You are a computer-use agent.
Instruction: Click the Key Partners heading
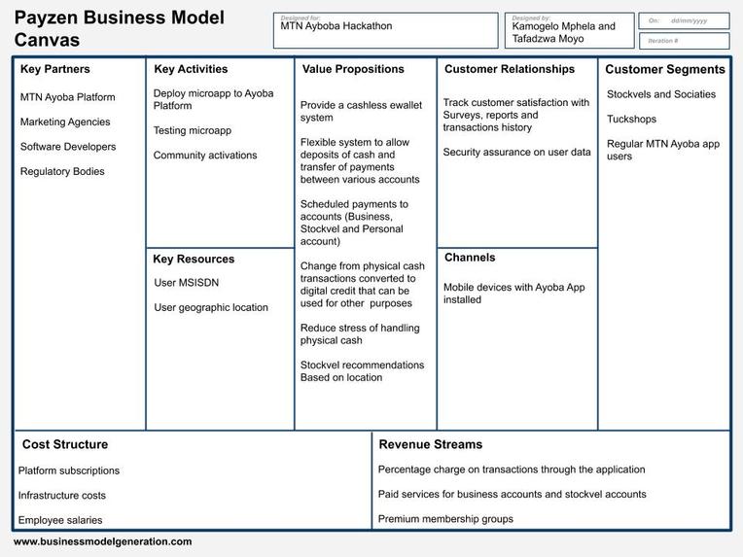click(55, 69)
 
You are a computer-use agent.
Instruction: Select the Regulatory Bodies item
click(62, 171)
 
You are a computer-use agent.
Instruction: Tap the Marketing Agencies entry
click(65, 122)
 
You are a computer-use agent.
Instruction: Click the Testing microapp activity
click(193, 130)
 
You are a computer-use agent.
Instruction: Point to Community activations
click(205, 156)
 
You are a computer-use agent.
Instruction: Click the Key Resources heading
click(194, 260)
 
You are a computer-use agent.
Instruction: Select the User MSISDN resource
click(186, 283)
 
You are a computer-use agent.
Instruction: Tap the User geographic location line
click(211, 308)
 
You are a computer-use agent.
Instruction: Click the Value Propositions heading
click(353, 69)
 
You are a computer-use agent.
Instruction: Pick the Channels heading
click(470, 258)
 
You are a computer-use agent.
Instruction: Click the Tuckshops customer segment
click(631, 120)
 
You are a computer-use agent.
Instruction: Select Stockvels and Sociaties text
click(661, 94)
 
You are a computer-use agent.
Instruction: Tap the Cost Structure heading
click(65, 444)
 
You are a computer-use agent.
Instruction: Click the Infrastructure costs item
click(62, 496)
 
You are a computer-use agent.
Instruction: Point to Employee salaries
click(60, 520)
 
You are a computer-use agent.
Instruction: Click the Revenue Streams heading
click(430, 444)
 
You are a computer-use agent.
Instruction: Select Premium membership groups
click(445, 519)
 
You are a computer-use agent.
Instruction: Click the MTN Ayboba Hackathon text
click(336, 26)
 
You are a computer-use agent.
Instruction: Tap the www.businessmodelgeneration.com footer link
click(103, 541)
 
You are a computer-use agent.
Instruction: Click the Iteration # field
click(684, 41)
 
